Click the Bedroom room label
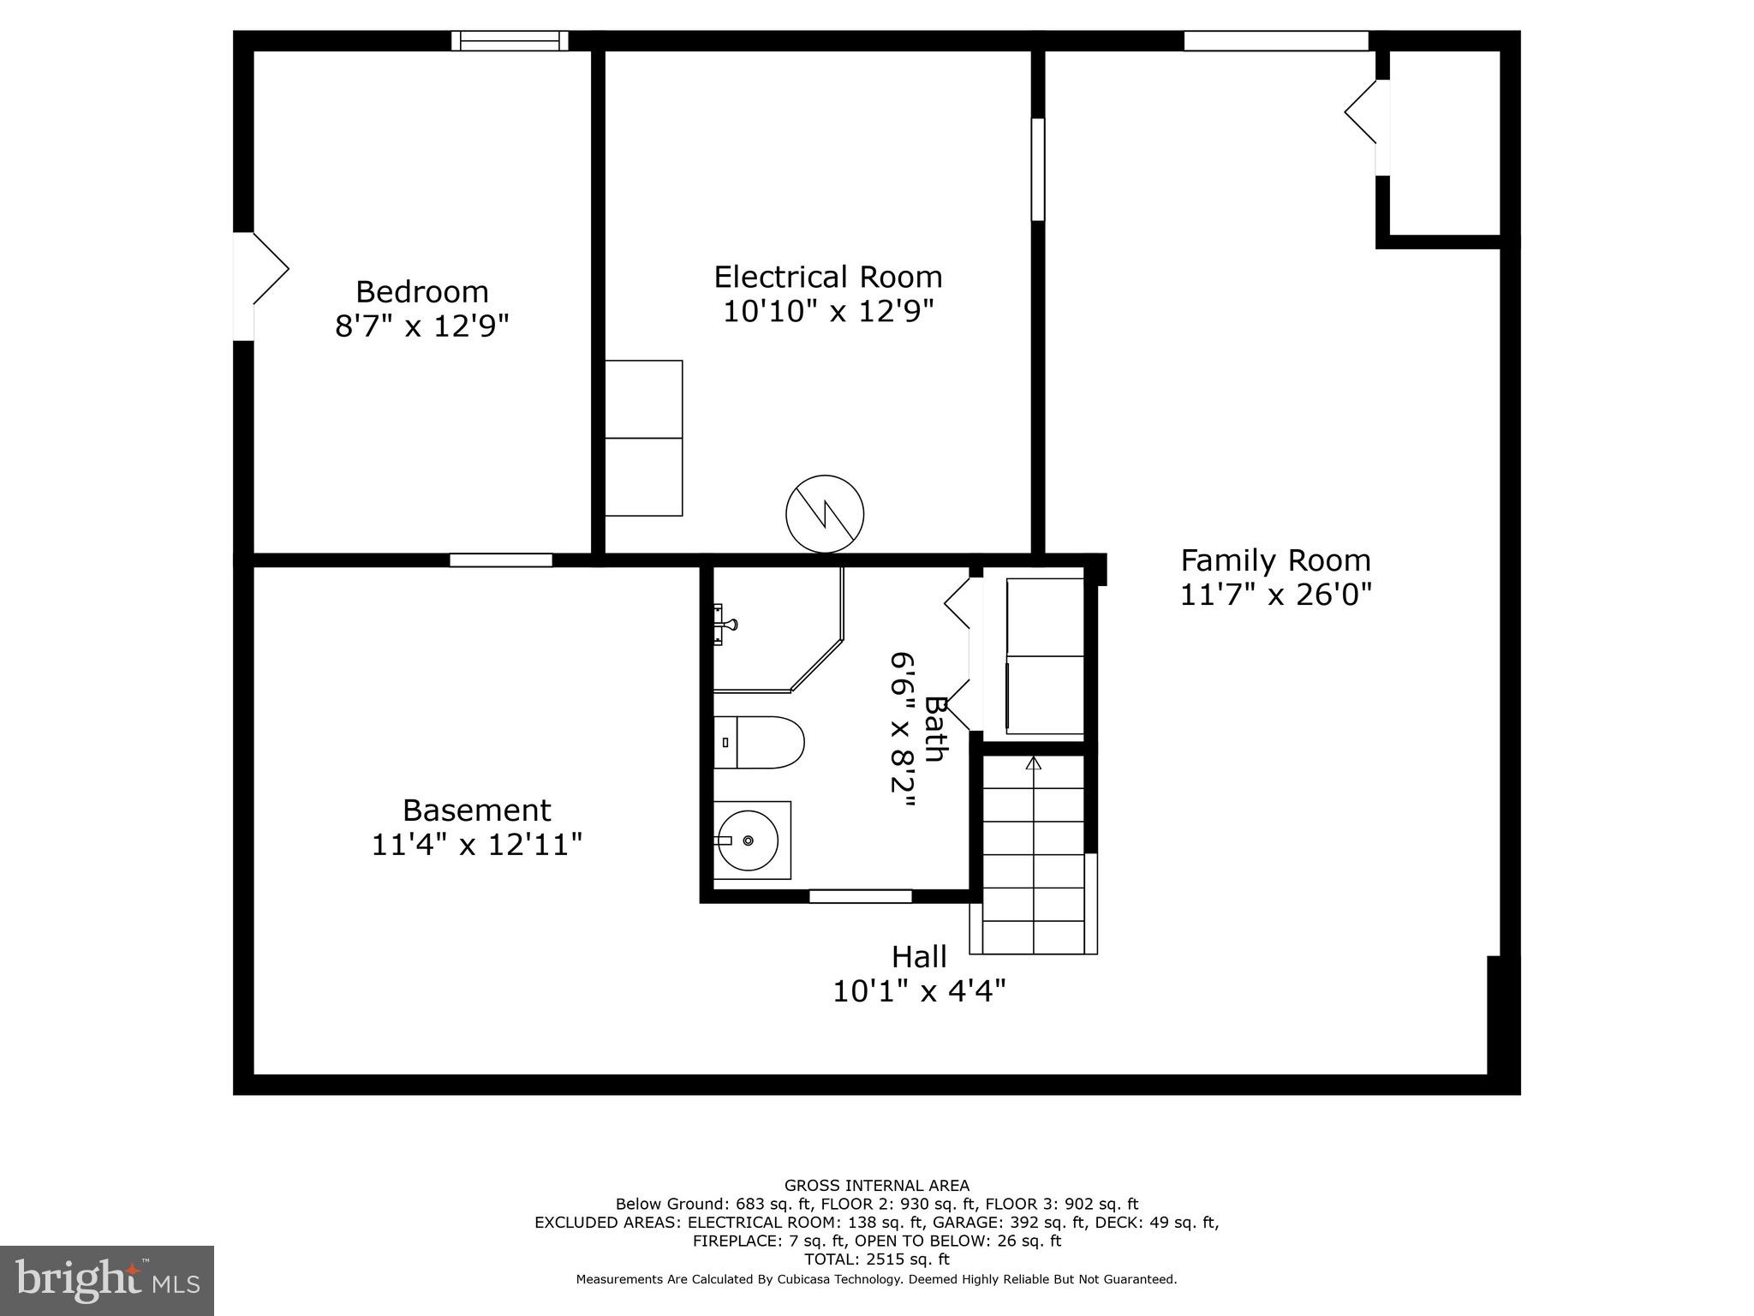[421, 292]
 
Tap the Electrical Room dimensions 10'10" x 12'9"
[827, 311]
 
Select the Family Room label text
[1275, 560]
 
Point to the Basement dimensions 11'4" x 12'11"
[476, 845]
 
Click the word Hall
[919, 956]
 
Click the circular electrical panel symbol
[825, 514]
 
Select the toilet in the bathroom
[759, 742]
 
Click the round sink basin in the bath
[748, 840]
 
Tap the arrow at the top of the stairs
[1034, 763]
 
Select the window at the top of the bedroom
[510, 40]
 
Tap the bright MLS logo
[107, 1280]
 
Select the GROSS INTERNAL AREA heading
[876, 1186]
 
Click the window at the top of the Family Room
[1275, 40]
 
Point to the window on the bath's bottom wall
[860, 896]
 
